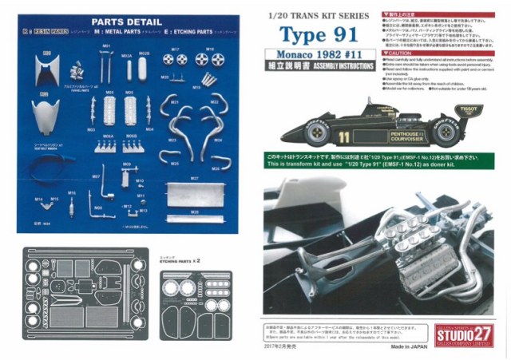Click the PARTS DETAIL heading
click(123, 22)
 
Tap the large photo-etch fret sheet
click(89, 294)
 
